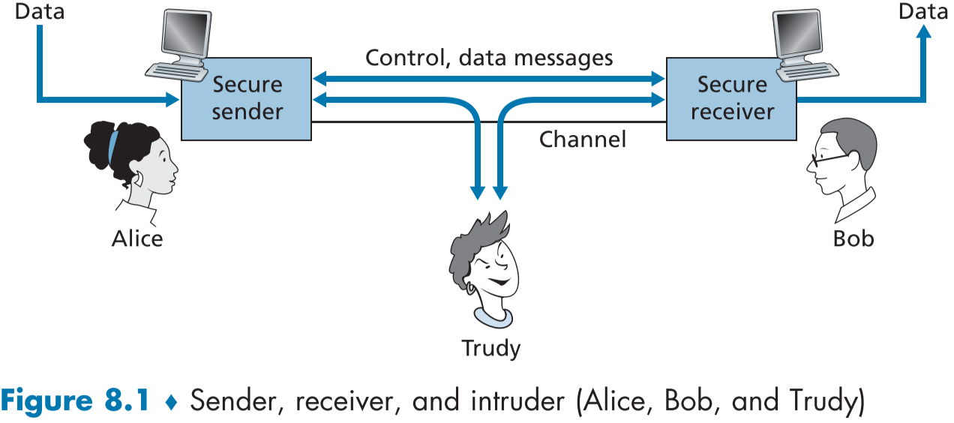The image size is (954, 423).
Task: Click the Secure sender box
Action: pos(247,97)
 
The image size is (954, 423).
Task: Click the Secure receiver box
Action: pos(731,97)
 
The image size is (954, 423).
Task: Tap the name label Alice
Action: pos(137,238)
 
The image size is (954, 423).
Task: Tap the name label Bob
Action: pos(853,238)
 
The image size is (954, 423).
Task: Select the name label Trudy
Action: pos(490,348)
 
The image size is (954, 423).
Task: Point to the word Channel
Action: pos(582,139)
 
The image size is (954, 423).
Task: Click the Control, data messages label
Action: pos(489,57)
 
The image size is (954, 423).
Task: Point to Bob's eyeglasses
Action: pos(830,158)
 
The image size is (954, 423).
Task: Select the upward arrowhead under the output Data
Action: pos(924,31)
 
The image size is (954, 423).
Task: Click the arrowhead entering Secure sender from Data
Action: pos(173,97)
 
